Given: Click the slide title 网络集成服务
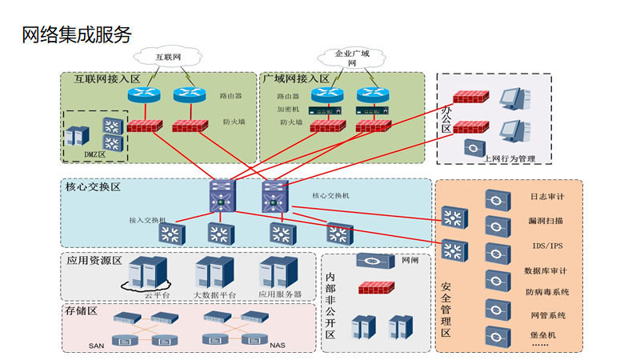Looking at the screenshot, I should pyautogui.click(x=75, y=35).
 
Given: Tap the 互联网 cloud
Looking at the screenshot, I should pyautogui.click(x=168, y=57).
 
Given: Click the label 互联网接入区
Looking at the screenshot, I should pyautogui.click(x=107, y=79).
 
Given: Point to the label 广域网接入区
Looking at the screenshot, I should pyautogui.click(x=296, y=79).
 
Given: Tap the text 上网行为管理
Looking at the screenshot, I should pyautogui.click(x=509, y=158).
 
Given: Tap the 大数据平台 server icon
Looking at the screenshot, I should pyautogui.click(x=215, y=273).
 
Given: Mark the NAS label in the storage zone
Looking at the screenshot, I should pyautogui.click(x=278, y=346).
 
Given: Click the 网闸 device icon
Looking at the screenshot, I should pyautogui.click(x=374, y=262).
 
